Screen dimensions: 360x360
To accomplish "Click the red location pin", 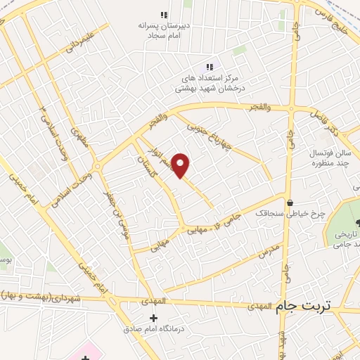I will click(x=181, y=165).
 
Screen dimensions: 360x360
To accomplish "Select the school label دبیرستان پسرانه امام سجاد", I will click(x=164, y=30).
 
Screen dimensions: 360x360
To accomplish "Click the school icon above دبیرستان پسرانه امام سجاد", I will click(x=164, y=15).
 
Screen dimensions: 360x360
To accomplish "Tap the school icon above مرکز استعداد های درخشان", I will click(x=209, y=67).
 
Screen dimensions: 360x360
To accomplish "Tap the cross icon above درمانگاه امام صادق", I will click(x=153, y=319).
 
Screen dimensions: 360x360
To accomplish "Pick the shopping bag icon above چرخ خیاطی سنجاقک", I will click(x=290, y=202).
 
